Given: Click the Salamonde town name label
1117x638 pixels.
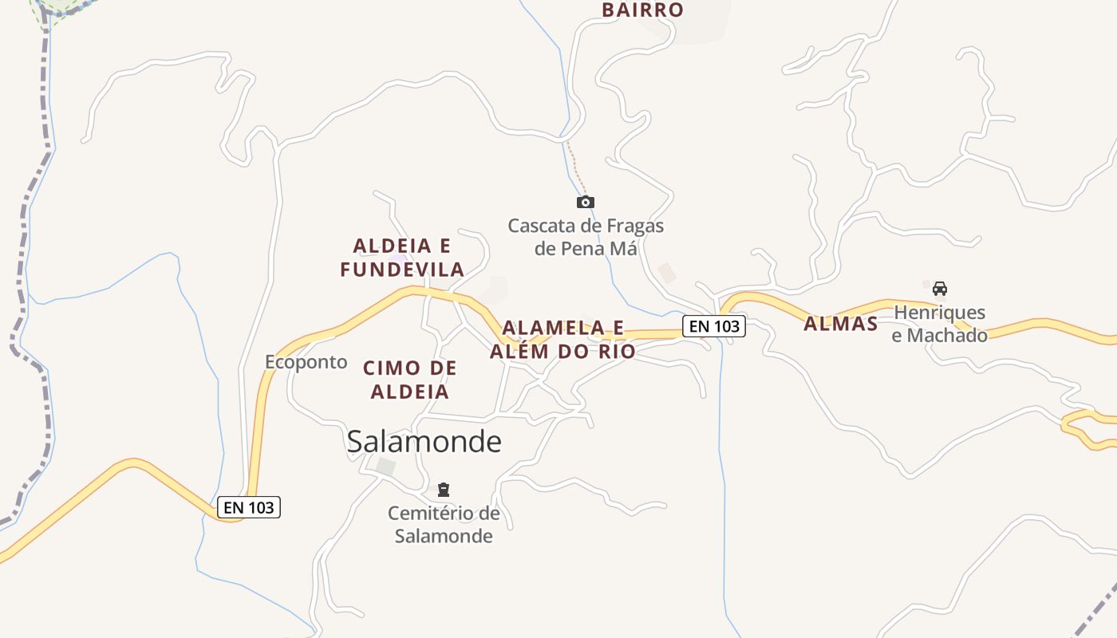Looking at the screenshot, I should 424,441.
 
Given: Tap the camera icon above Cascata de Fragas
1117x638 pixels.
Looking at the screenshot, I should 585,202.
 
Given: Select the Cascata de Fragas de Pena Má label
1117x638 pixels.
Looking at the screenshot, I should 586,237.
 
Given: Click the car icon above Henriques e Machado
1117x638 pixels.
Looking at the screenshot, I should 939,289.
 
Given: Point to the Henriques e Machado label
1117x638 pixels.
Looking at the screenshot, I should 939,323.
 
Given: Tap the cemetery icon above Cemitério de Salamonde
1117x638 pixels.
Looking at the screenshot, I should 444,489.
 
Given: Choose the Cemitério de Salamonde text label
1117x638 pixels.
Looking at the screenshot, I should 444,524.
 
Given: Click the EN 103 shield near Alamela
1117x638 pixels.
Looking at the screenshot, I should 713,325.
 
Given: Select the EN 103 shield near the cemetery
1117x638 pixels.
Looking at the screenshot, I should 249,507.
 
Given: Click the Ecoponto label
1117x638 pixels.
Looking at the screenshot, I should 306,362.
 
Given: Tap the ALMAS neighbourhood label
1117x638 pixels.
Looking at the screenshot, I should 840,324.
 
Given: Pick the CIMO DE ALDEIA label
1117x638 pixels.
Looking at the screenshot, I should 410,380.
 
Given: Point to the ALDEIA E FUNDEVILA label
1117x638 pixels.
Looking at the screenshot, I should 402,258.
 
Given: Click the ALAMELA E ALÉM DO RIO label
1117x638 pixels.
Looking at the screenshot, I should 562,340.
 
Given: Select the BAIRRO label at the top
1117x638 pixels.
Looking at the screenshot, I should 642,10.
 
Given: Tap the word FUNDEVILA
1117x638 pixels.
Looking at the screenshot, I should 402,270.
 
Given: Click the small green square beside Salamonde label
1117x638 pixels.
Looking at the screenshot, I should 386,466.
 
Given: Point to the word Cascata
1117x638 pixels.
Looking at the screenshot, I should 540,226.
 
